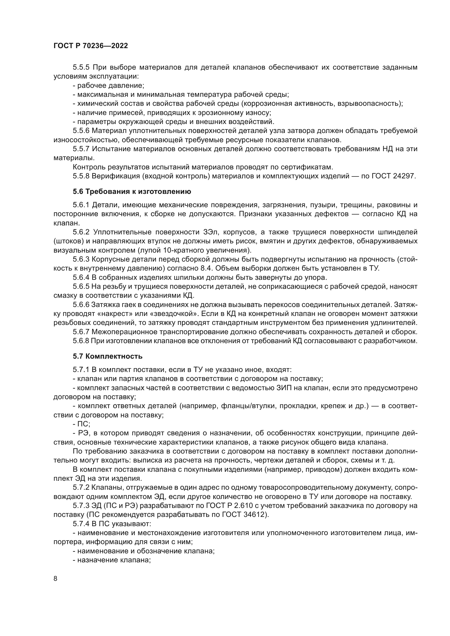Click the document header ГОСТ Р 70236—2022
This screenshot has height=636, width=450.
(91, 46)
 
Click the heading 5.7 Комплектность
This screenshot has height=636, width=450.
(107, 356)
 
